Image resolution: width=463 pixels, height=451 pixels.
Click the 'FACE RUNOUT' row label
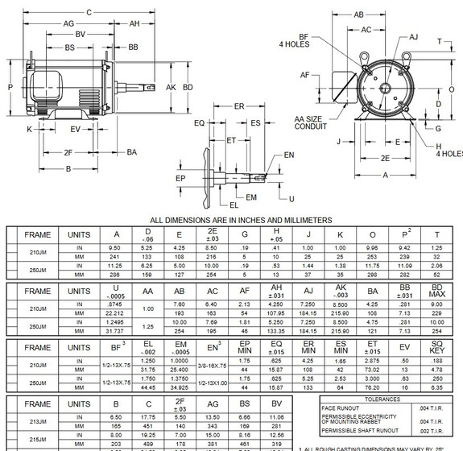click(x=341, y=408)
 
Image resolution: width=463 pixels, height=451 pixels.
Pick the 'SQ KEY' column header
click(x=438, y=350)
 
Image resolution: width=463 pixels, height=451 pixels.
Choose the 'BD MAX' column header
click(x=438, y=291)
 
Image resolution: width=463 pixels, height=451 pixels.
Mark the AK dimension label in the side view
click(x=170, y=86)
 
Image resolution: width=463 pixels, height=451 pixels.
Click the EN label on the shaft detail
click(x=289, y=155)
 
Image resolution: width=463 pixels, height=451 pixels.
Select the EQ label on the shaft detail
click(x=199, y=123)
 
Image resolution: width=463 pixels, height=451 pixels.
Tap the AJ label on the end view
click(x=414, y=37)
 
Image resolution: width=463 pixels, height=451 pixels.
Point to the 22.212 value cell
click(x=117, y=312)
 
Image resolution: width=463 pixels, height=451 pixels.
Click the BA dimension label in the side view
click(x=131, y=151)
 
